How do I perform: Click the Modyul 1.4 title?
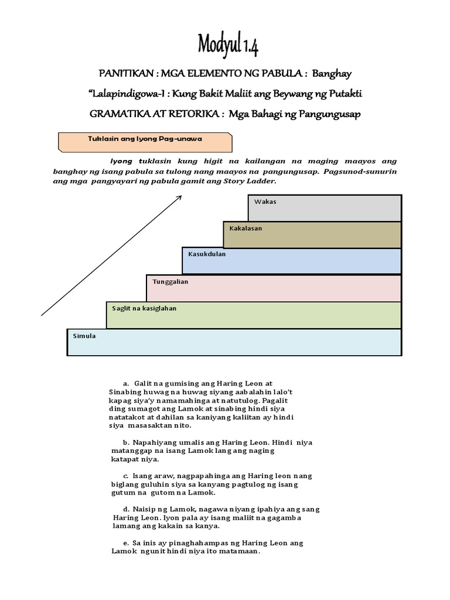pos(228,45)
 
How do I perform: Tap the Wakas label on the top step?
pos(265,202)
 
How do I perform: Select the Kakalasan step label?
pos(246,229)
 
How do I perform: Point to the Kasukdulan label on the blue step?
pos(207,254)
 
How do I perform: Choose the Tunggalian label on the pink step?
pos(171,281)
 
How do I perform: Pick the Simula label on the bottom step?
pos(84,336)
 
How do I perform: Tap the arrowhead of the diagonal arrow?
pos(178,197)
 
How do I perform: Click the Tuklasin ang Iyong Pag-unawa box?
pos(145,142)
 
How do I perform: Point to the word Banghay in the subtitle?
pos(332,74)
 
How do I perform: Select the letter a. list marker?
pos(125,383)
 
